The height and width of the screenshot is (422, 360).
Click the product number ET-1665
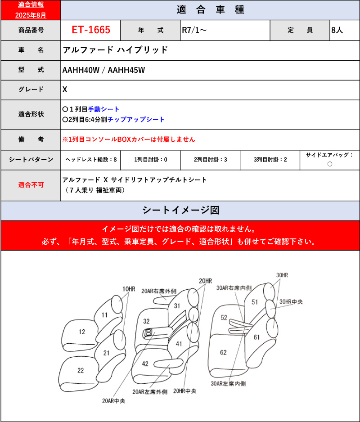90,31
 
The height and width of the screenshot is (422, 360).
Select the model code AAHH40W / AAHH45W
103,70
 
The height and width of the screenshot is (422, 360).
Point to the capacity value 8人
337,31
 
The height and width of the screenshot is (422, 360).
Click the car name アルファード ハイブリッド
115,50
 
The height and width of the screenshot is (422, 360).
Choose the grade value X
65,90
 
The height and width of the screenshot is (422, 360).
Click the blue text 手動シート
103,109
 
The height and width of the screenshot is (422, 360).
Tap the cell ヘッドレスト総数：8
91,160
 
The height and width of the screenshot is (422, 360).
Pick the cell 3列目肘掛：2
270,160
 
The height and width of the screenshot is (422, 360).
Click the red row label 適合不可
31,185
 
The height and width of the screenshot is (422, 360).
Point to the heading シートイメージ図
180,210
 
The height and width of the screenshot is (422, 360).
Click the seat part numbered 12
81,332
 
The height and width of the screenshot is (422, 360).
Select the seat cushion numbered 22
80,370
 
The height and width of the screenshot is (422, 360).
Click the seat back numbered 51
255,302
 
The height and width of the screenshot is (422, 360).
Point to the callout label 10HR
128,288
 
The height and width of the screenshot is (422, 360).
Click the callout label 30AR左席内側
228,384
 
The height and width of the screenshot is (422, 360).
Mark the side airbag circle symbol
330,164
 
